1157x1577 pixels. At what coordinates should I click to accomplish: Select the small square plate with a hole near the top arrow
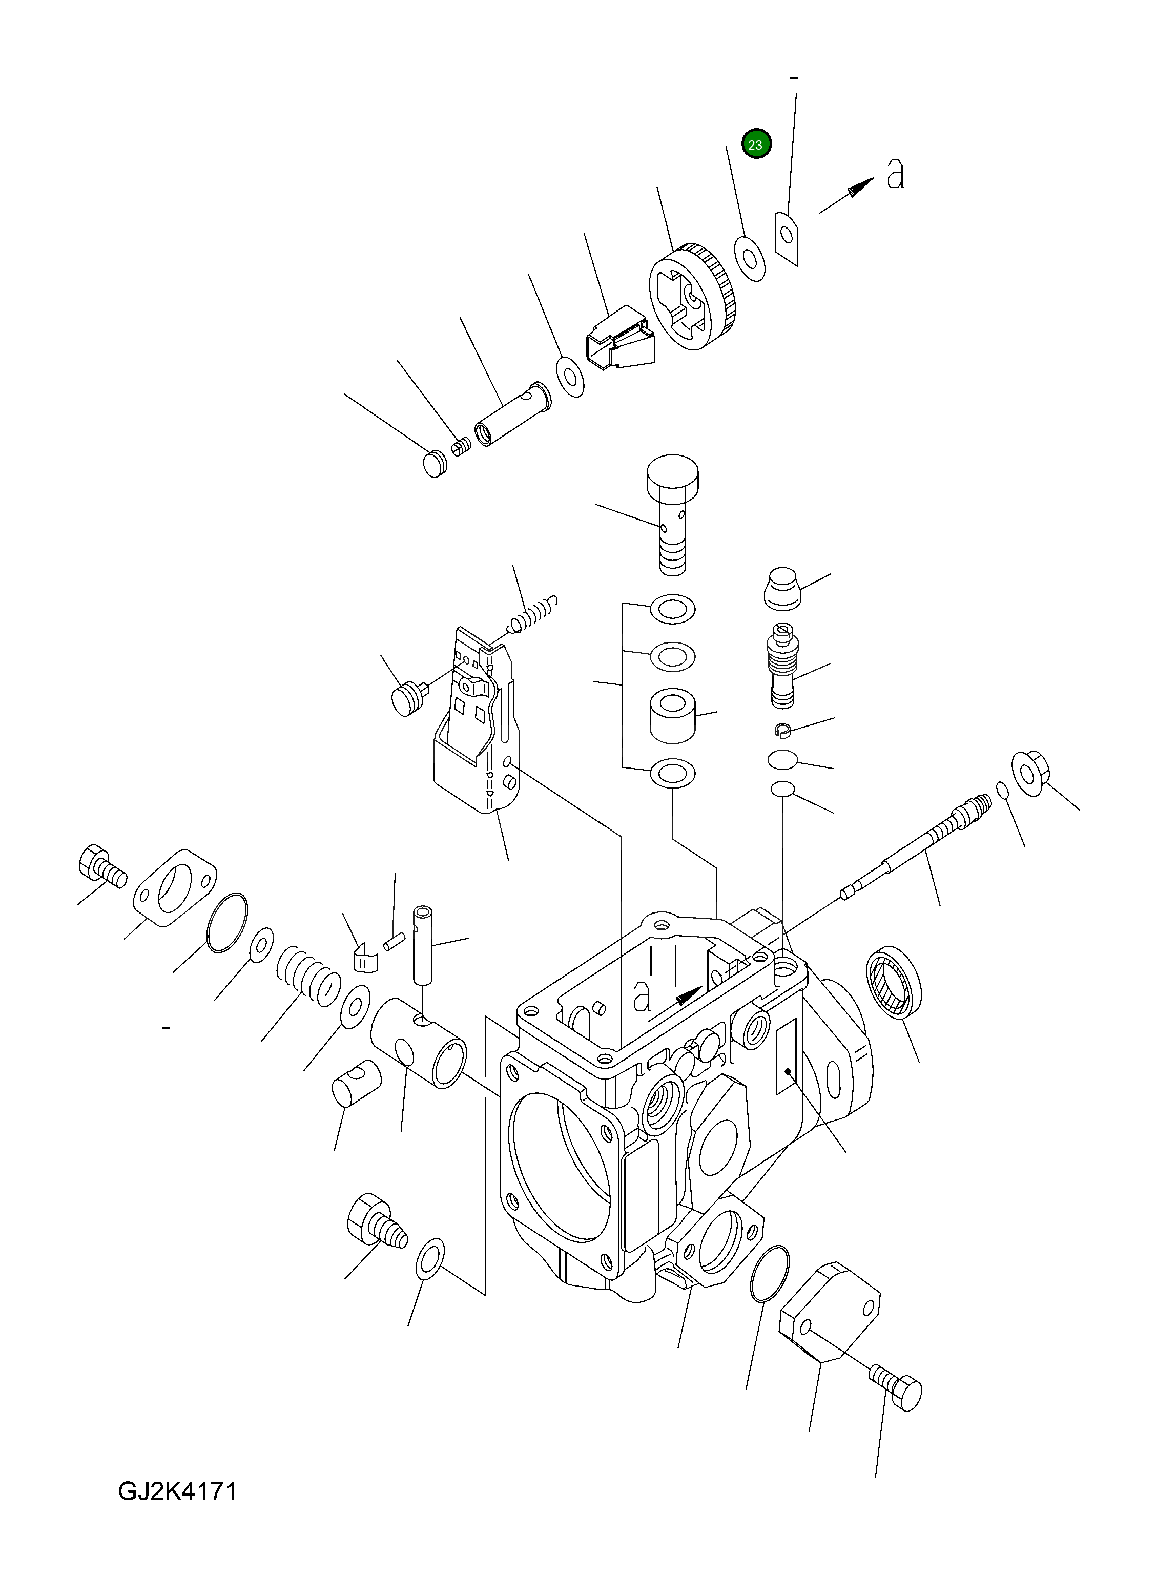pos(787,239)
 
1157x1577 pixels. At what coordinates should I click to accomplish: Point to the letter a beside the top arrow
pos(895,174)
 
